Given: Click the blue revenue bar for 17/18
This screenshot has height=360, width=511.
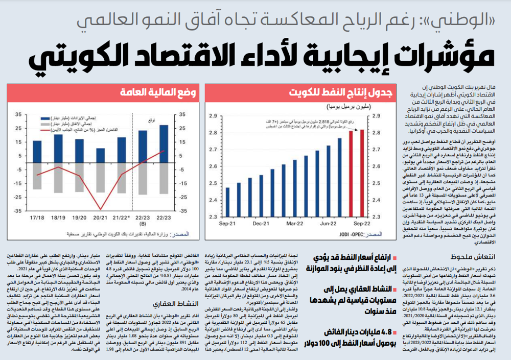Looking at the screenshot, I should tap(37, 152).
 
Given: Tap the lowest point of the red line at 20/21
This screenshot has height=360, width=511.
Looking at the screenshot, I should tap(100, 209).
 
